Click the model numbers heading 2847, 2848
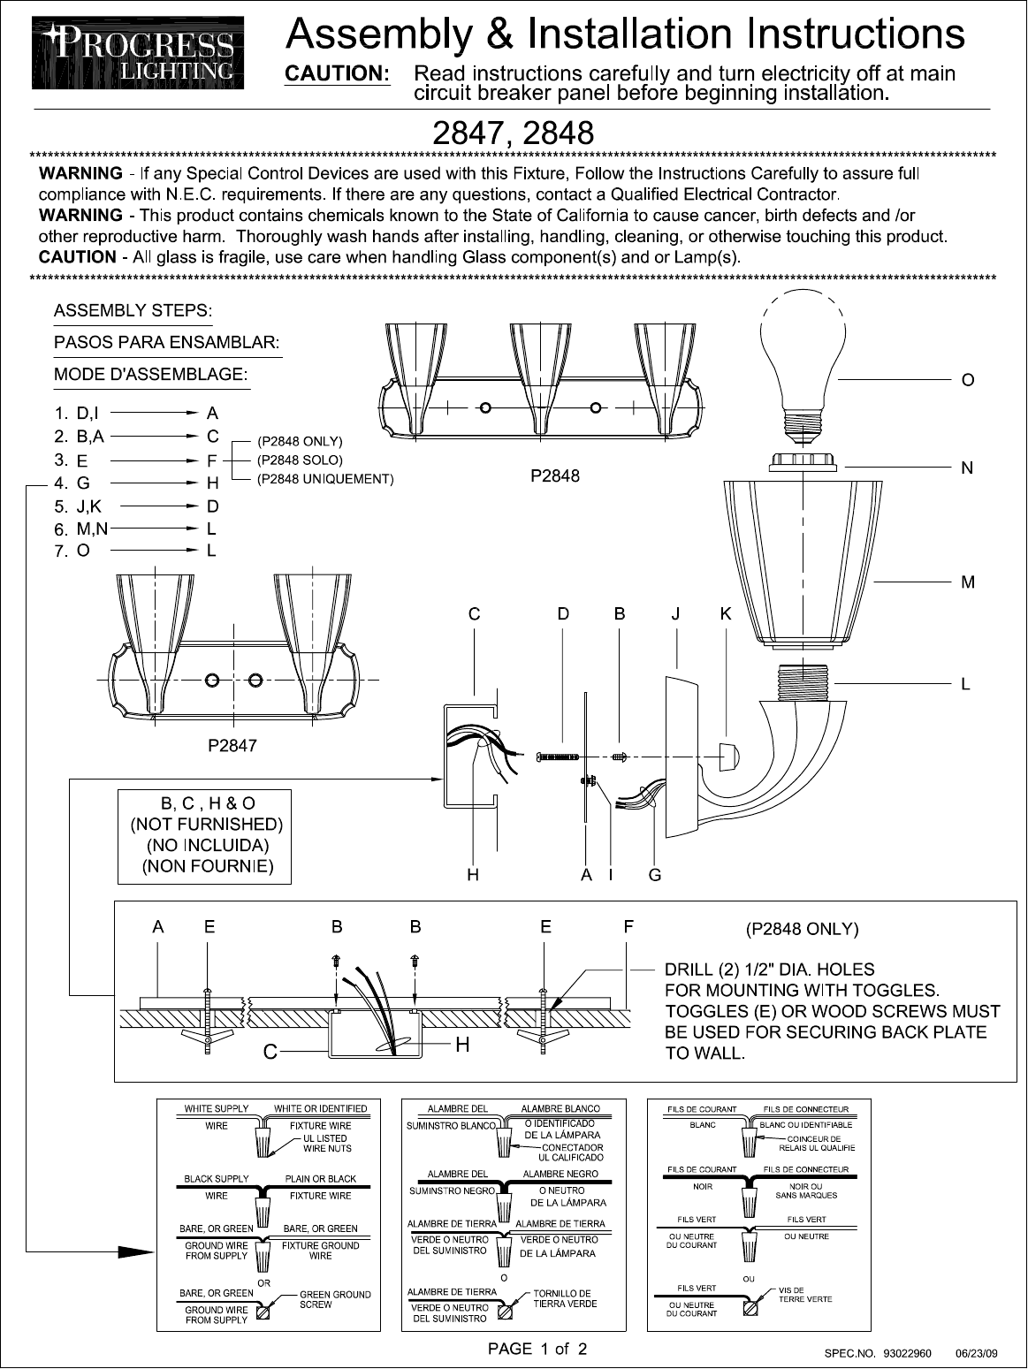click(513, 133)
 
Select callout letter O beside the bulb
click(968, 380)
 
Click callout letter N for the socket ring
click(967, 468)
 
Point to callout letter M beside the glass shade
click(968, 582)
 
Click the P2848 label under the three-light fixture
click(555, 475)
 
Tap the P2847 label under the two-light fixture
click(232, 745)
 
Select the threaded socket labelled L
click(803, 682)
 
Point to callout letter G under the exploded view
click(655, 875)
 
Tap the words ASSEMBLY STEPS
click(133, 311)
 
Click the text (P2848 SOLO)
click(300, 460)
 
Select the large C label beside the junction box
click(270, 1052)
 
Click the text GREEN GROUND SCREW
click(335, 1299)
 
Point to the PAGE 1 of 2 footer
click(537, 1349)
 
